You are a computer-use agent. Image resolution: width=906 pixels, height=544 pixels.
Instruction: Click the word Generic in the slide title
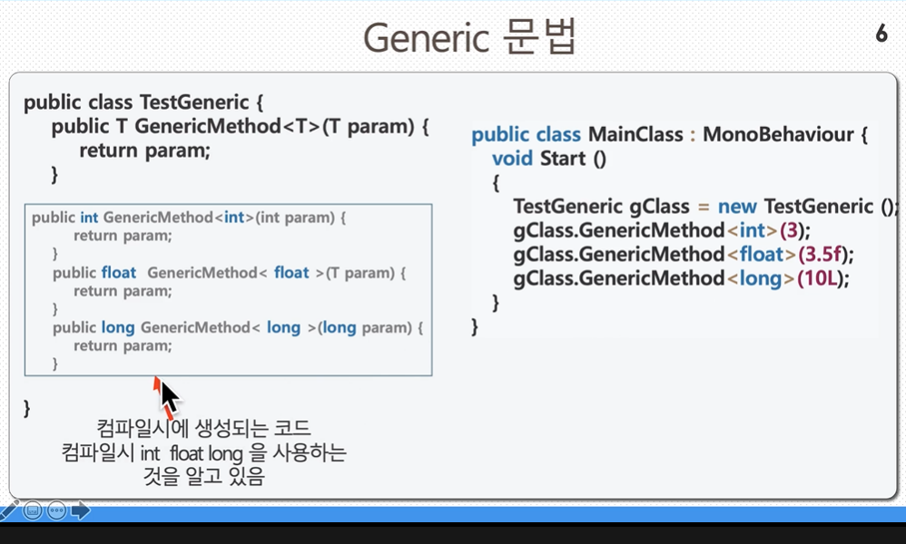pos(426,38)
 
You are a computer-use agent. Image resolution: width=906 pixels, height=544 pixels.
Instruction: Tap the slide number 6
pos(881,33)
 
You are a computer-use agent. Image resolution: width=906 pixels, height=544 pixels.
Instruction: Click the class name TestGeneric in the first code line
pos(194,102)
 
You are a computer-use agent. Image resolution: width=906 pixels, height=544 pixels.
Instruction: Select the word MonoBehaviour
pos(778,134)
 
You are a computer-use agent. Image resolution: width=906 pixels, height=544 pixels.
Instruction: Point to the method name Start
pos(563,159)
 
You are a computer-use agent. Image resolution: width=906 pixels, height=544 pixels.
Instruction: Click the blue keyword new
pos(737,207)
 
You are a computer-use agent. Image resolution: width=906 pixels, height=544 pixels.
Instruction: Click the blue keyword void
pos(513,159)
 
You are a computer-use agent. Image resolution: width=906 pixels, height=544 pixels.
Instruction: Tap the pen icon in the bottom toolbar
pos(9,510)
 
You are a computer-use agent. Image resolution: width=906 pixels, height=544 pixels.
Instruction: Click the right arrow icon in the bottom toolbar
pos(81,510)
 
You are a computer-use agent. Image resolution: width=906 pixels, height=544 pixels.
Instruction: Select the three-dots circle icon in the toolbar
pos(56,510)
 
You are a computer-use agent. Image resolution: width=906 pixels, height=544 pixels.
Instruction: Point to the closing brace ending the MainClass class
pos(475,327)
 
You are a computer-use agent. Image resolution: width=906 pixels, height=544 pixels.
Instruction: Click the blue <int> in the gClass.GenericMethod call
pos(752,231)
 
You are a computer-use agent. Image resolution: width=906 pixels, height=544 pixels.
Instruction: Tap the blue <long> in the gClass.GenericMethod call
pos(761,278)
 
